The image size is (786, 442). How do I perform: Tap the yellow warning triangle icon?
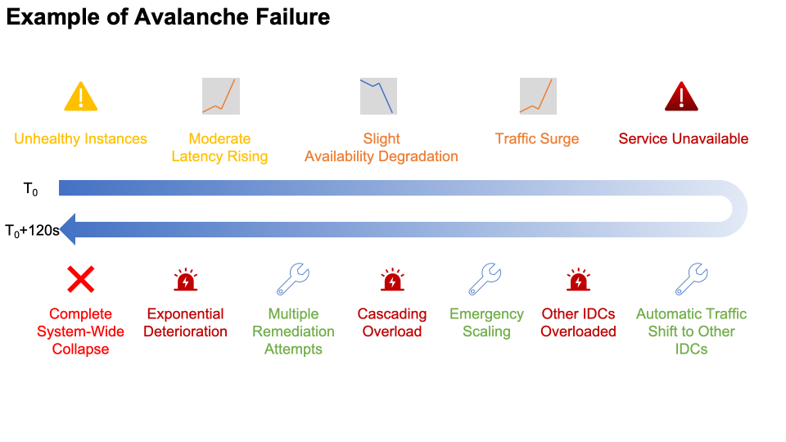(x=80, y=97)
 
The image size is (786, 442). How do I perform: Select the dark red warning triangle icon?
(x=681, y=97)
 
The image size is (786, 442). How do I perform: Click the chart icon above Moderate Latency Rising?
(x=220, y=96)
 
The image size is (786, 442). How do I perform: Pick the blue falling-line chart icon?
(x=378, y=96)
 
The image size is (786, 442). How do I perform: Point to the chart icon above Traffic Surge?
(x=538, y=96)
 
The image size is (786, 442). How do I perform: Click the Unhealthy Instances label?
(x=80, y=138)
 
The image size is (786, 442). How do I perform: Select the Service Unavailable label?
(x=683, y=138)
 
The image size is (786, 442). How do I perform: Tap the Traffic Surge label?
(x=537, y=138)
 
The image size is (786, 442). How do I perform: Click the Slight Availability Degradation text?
(x=382, y=147)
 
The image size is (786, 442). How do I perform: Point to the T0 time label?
(x=31, y=190)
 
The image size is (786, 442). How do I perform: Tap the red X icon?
(x=80, y=280)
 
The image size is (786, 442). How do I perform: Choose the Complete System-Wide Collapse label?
(x=80, y=331)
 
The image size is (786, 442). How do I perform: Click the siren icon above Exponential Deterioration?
(x=186, y=280)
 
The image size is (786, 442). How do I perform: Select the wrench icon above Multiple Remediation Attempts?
(x=292, y=279)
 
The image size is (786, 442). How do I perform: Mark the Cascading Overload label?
(x=392, y=322)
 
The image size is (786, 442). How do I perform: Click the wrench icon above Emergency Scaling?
(x=486, y=279)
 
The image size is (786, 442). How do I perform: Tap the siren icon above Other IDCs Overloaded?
(x=579, y=280)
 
